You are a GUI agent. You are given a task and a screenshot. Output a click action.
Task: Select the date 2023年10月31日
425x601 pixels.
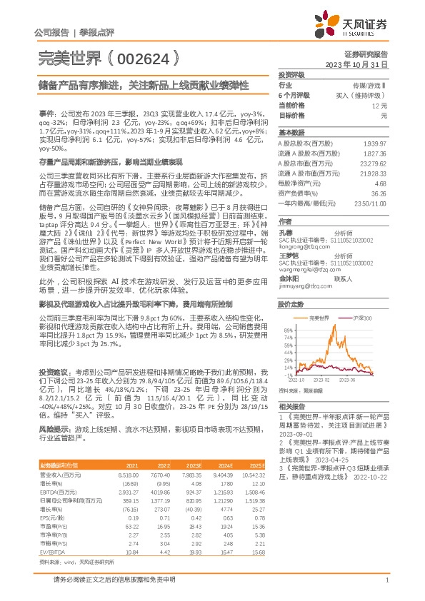pyautogui.click(x=356, y=64)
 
